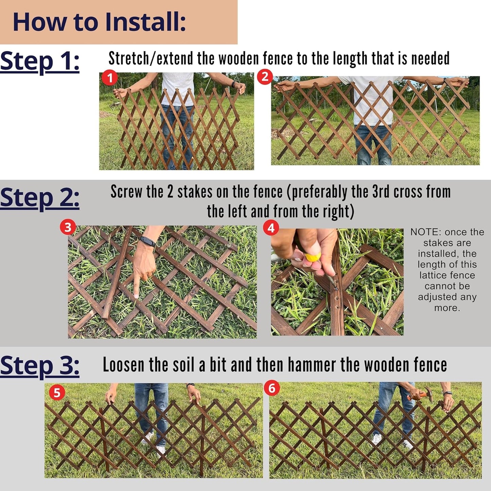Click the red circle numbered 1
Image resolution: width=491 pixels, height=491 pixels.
click(110, 78)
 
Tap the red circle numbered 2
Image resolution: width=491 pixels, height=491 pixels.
click(265, 77)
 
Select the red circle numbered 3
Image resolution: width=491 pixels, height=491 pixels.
click(68, 227)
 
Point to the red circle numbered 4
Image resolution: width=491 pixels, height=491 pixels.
click(271, 228)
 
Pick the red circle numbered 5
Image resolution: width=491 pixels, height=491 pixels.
click(57, 393)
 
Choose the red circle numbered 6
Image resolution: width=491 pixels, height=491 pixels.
click(272, 388)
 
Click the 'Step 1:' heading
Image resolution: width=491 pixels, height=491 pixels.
click(40, 62)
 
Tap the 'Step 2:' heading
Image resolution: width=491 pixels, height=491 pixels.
click(40, 198)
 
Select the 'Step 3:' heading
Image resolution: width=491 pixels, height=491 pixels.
click(40, 366)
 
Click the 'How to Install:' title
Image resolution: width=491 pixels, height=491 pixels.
click(99, 22)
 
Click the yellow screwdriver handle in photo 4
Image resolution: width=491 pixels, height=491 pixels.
click(313, 257)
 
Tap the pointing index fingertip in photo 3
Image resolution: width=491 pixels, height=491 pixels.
click(136, 296)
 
